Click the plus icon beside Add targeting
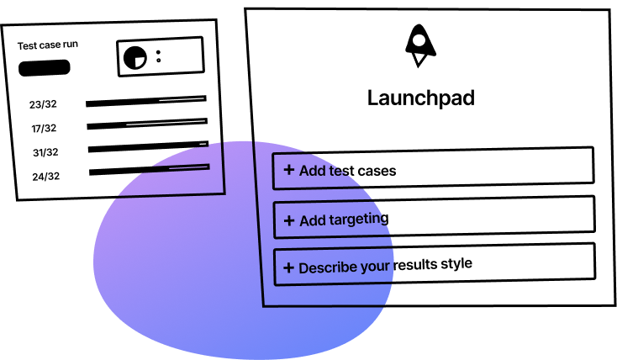tap(289, 220)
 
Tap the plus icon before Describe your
tap(288, 268)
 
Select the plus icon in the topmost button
tap(289, 170)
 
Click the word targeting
tap(357, 220)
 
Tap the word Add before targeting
tap(312, 220)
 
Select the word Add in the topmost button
tap(312, 171)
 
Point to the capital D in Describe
tap(303, 268)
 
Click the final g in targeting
tap(383, 220)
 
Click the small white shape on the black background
tap(140, 61)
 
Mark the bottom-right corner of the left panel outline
tap(224, 193)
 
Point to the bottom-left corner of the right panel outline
tap(264, 305)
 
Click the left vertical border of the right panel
tap(258, 227)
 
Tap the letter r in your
tap(390, 268)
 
